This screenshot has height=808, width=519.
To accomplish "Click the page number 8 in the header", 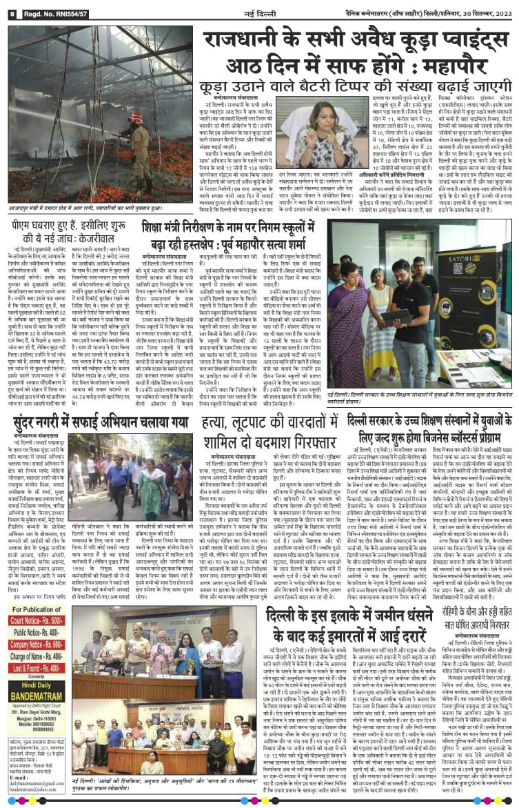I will coord(12,13).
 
